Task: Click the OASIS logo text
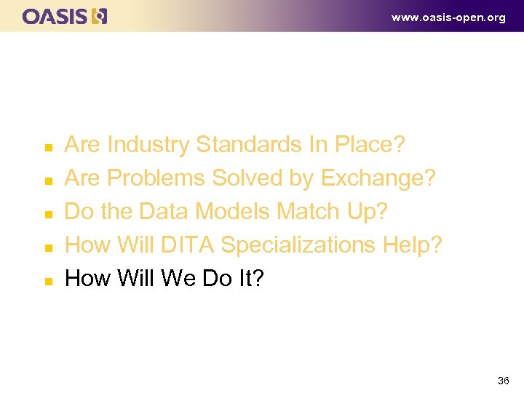coord(55,16)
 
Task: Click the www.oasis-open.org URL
coord(448,17)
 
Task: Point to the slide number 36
coord(503,381)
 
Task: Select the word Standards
coord(248,145)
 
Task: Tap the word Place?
coord(369,145)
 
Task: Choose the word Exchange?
coord(378,178)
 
